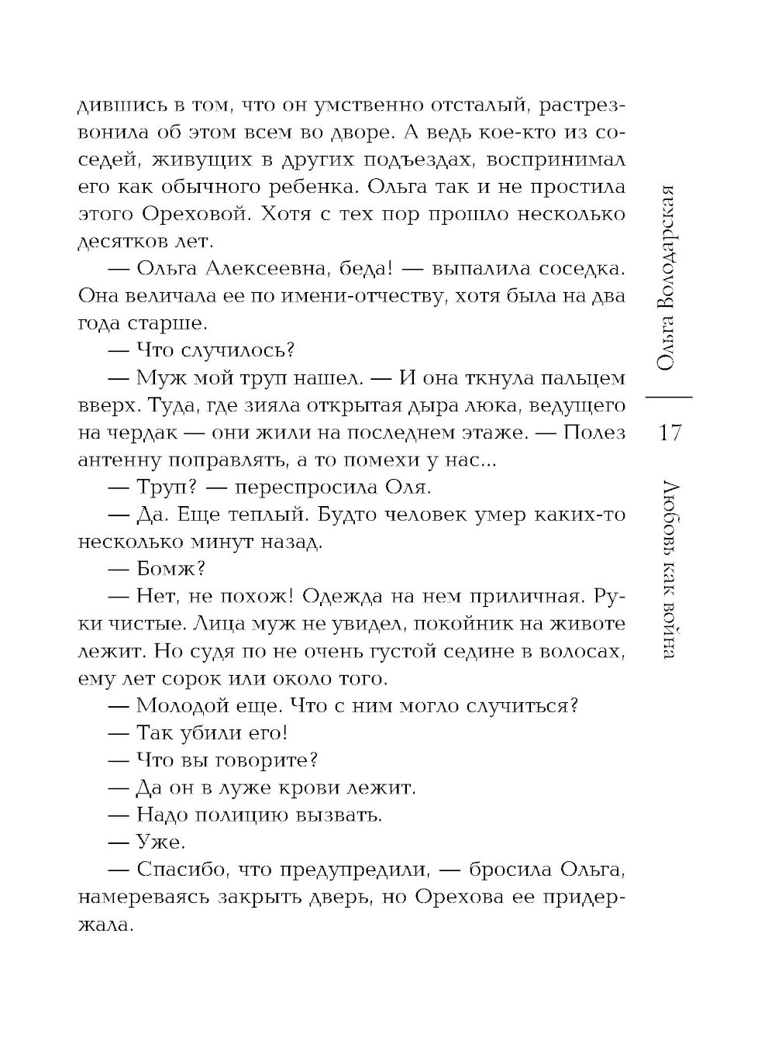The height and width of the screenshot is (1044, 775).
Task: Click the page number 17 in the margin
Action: coord(666,432)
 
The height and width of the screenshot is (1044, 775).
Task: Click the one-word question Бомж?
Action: coord(169,570)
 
